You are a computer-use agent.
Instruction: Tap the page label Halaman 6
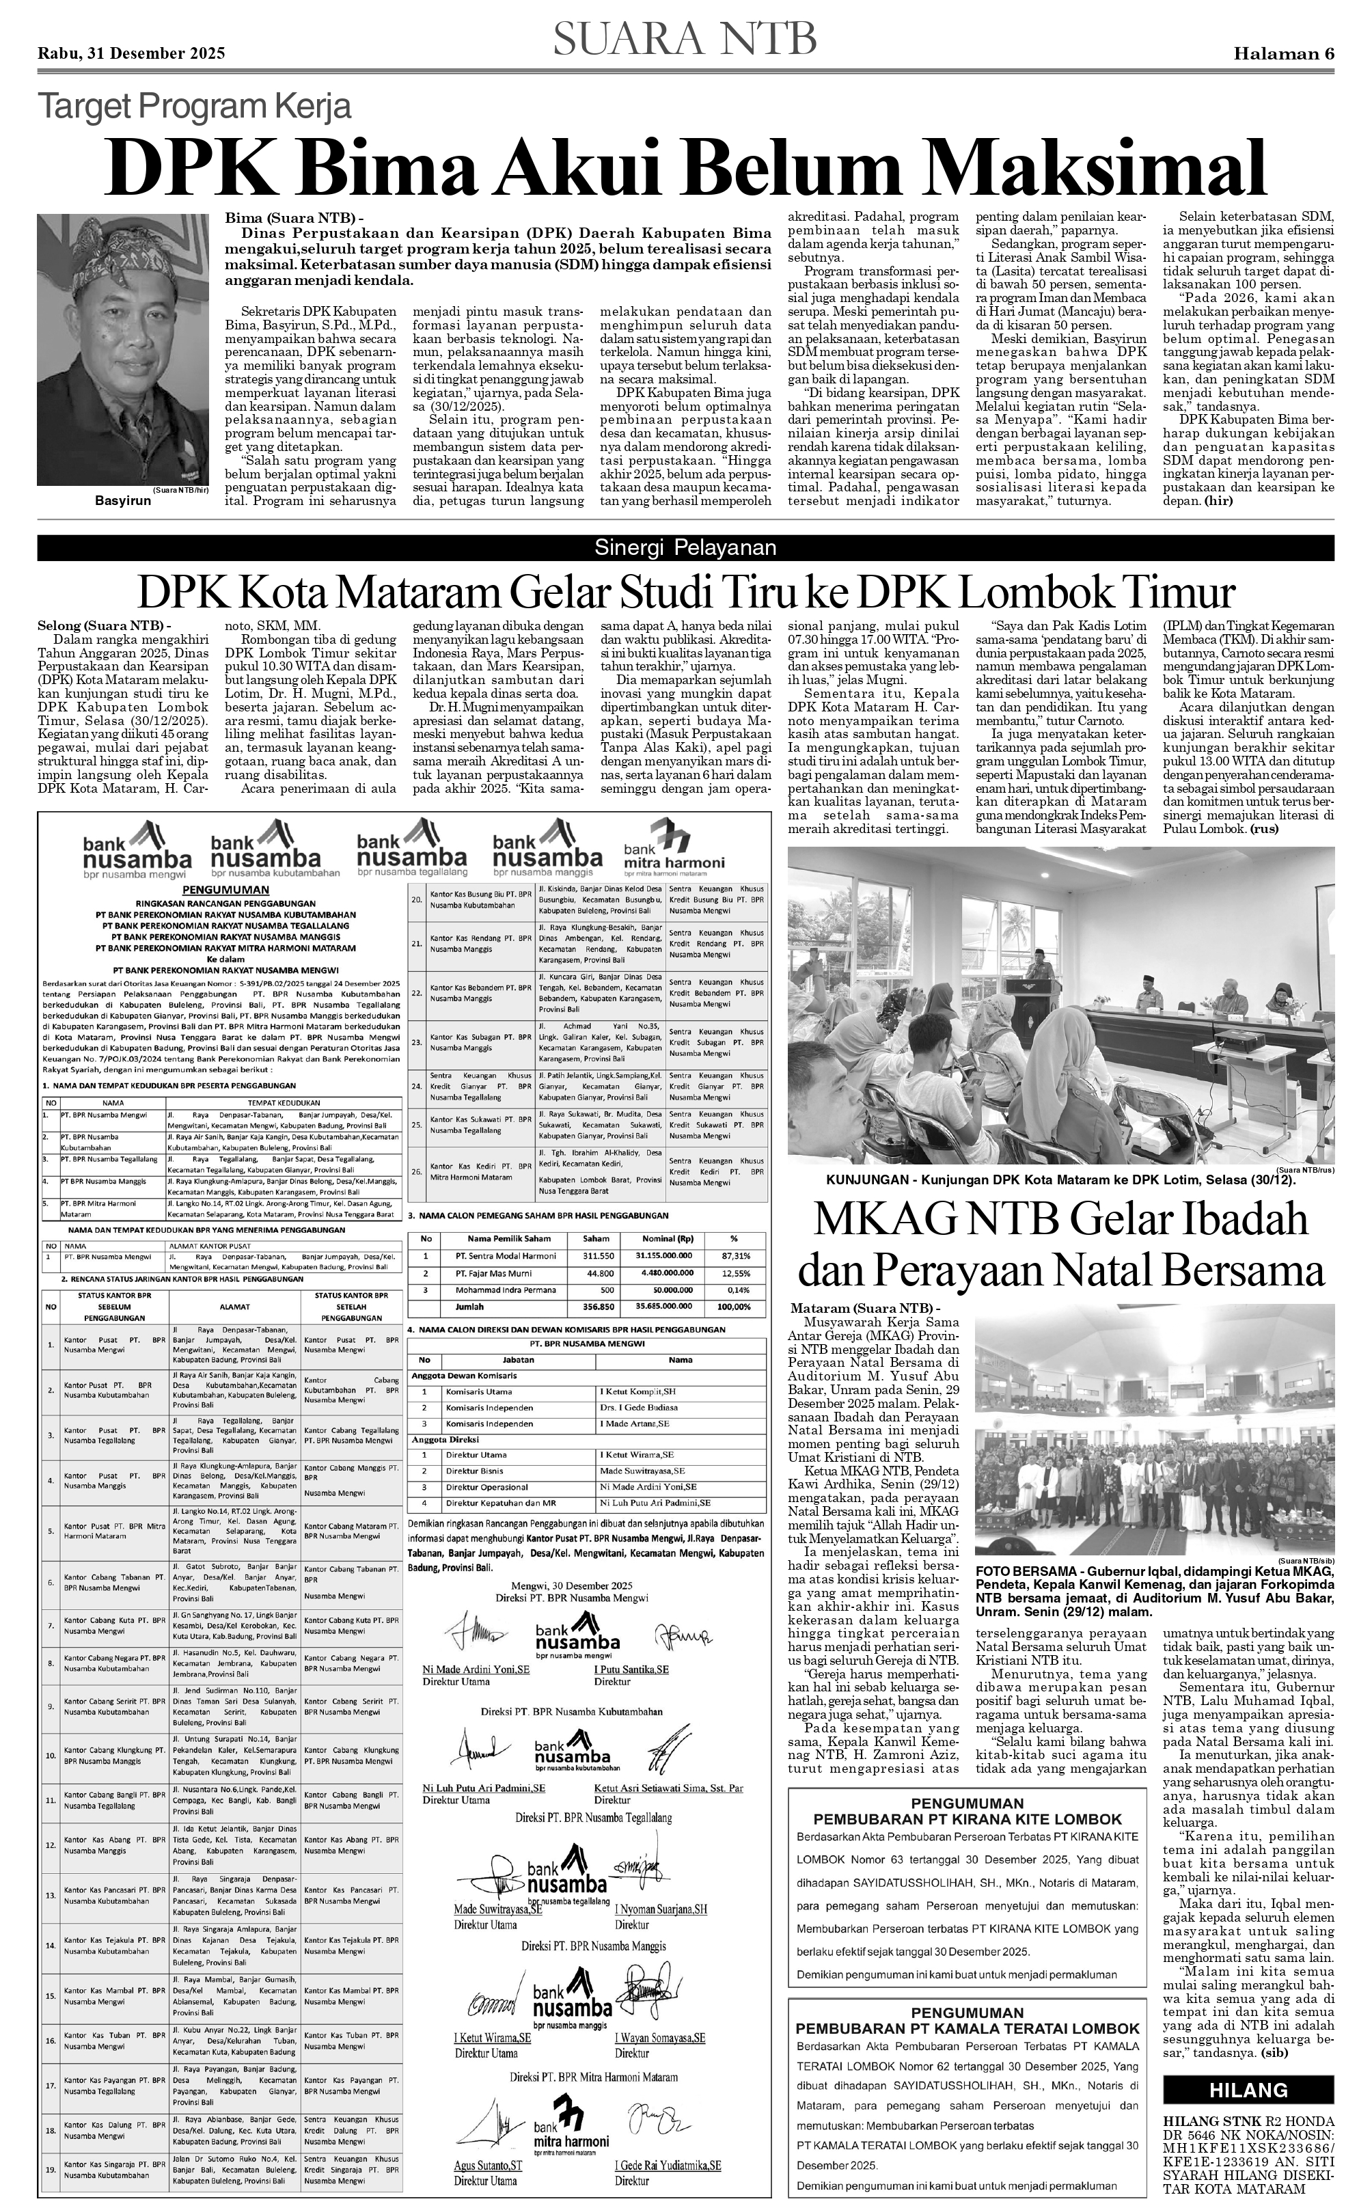1283,53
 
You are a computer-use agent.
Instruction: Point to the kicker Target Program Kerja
193,108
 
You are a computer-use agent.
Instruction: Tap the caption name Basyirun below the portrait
122,501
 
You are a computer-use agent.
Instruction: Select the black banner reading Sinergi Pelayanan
685,547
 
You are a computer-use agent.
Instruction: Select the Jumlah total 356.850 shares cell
597,1306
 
